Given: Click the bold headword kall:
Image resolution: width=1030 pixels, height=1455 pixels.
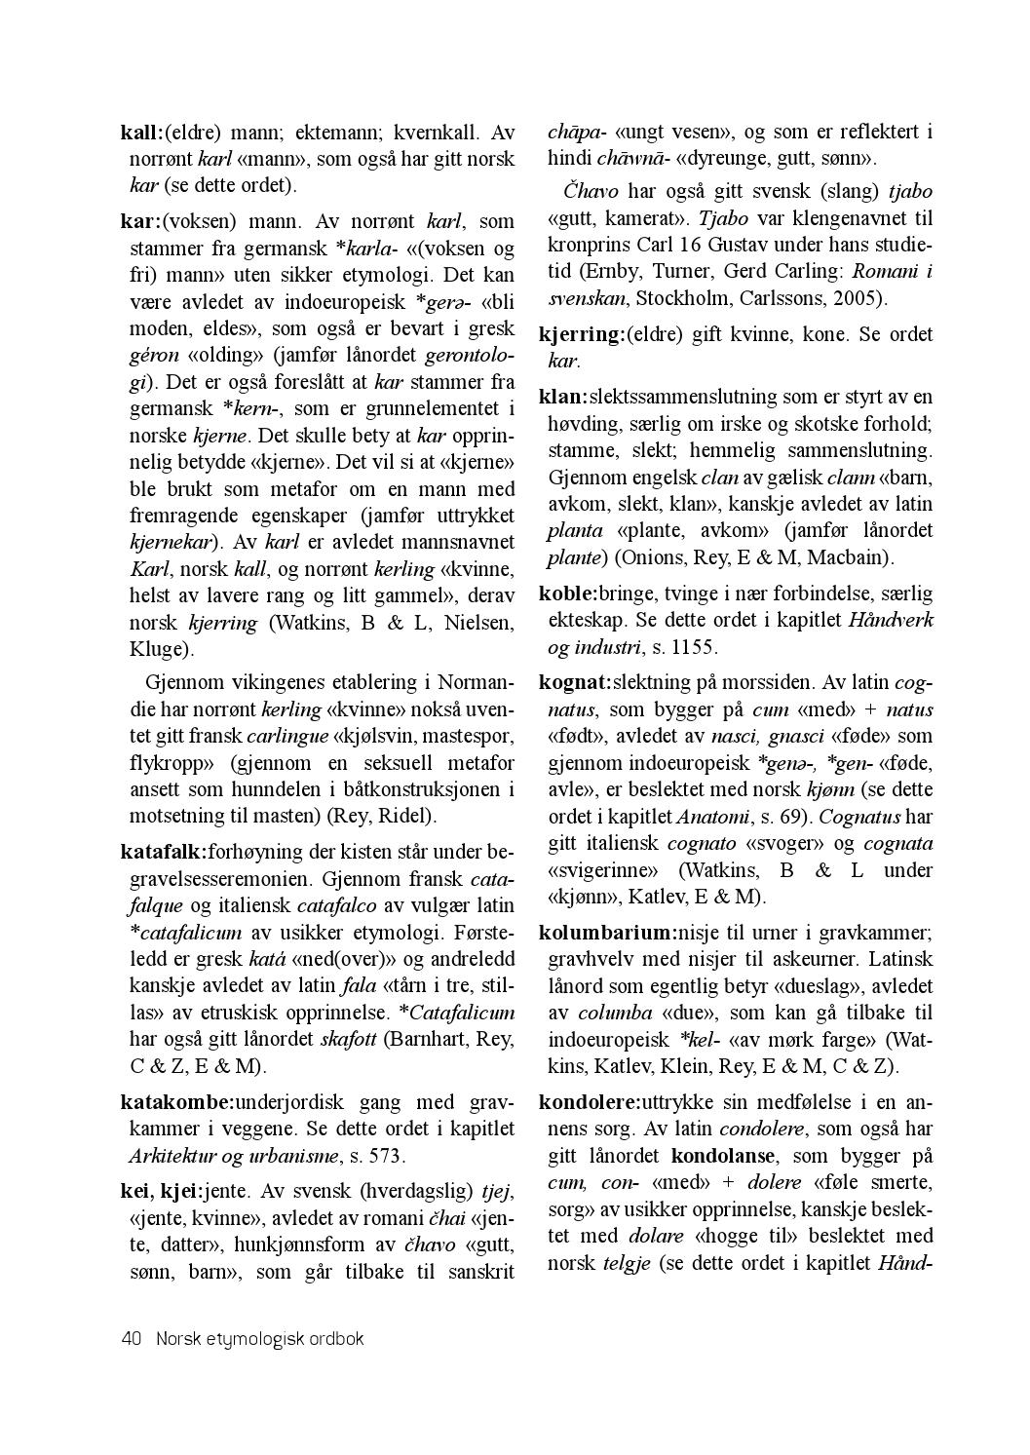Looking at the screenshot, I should pos(141,132).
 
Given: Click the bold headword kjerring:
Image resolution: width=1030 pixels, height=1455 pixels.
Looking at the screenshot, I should pos(582,335).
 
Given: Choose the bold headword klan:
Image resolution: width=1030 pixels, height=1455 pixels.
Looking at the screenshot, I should pos(562,398).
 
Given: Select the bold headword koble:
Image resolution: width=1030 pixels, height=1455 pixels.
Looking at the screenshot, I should pos(568,593).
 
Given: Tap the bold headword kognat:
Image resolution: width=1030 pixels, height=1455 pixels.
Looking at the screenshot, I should pos(575,682).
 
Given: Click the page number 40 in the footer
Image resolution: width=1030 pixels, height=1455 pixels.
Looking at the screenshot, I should pos(132,1339).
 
